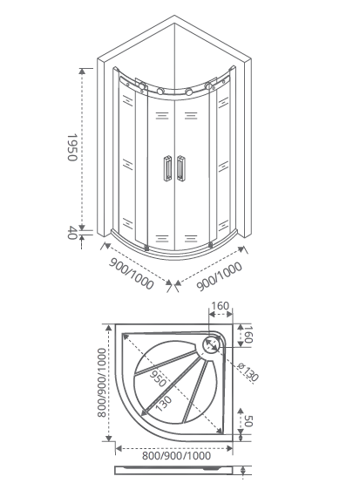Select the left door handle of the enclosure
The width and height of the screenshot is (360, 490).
[167, 168]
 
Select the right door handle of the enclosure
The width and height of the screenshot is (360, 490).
[181, 168]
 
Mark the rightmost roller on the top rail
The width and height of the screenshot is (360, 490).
[209, 85]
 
